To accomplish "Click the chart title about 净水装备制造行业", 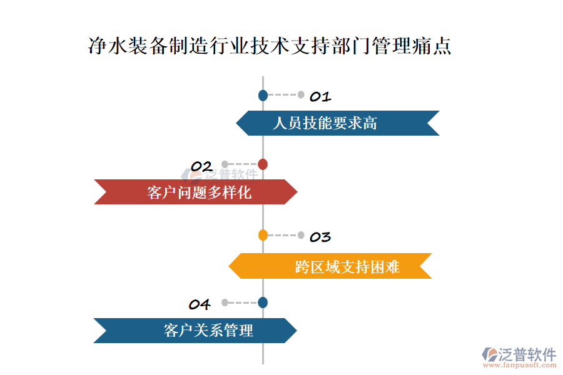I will click(x=270, y=47).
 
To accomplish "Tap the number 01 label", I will click(x=320, y=97).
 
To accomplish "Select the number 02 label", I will click(x=201, y=166).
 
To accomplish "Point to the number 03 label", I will click(x=320, y=237).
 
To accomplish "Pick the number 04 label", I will click(x=200, y=304).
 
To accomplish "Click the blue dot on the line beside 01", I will click(x=263, y=96).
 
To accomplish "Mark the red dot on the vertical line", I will click(x=263, y=164).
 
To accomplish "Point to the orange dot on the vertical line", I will click(x=263, y=236).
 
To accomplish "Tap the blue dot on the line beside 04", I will click(x=263, y=302).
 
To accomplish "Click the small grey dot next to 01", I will click(x=301, y=95).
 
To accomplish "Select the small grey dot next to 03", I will click(x=301, y=236).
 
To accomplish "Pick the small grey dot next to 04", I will click(x=225, y=302).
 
